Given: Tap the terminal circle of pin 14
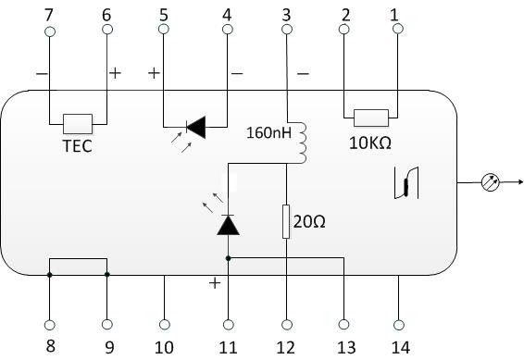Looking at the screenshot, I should [399, 324].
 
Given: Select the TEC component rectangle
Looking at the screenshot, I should [77, 121].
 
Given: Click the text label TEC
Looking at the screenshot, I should [77, 146].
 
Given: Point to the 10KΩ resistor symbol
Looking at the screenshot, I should [371, 117].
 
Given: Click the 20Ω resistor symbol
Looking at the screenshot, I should [286, 222].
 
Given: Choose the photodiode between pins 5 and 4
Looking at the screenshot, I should [194, 126].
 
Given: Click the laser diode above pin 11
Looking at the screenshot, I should [228, 224].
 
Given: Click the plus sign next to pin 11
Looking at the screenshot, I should [215, 283].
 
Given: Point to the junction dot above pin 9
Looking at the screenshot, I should [107, 274].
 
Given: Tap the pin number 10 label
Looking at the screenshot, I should [165, 347].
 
